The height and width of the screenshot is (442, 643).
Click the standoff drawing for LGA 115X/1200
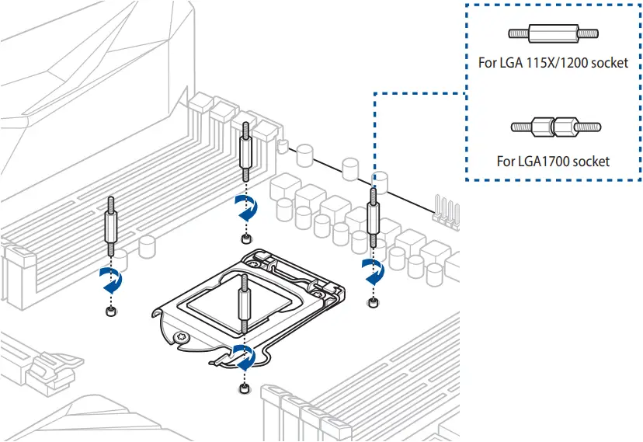[x=553, y=34]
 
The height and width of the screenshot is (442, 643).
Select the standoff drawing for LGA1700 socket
[x=555, y=126]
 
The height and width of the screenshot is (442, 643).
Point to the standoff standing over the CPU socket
[x=245, y=308]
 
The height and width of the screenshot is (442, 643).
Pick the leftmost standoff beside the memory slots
[x=110, y=227]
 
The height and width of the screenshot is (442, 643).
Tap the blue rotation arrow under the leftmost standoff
[x=111, y=280]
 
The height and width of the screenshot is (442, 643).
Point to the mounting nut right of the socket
[x=374, y=301]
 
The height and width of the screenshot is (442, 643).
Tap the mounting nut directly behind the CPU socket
[x=245, y=238]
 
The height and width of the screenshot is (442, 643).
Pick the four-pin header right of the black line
[x=448, y=211]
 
